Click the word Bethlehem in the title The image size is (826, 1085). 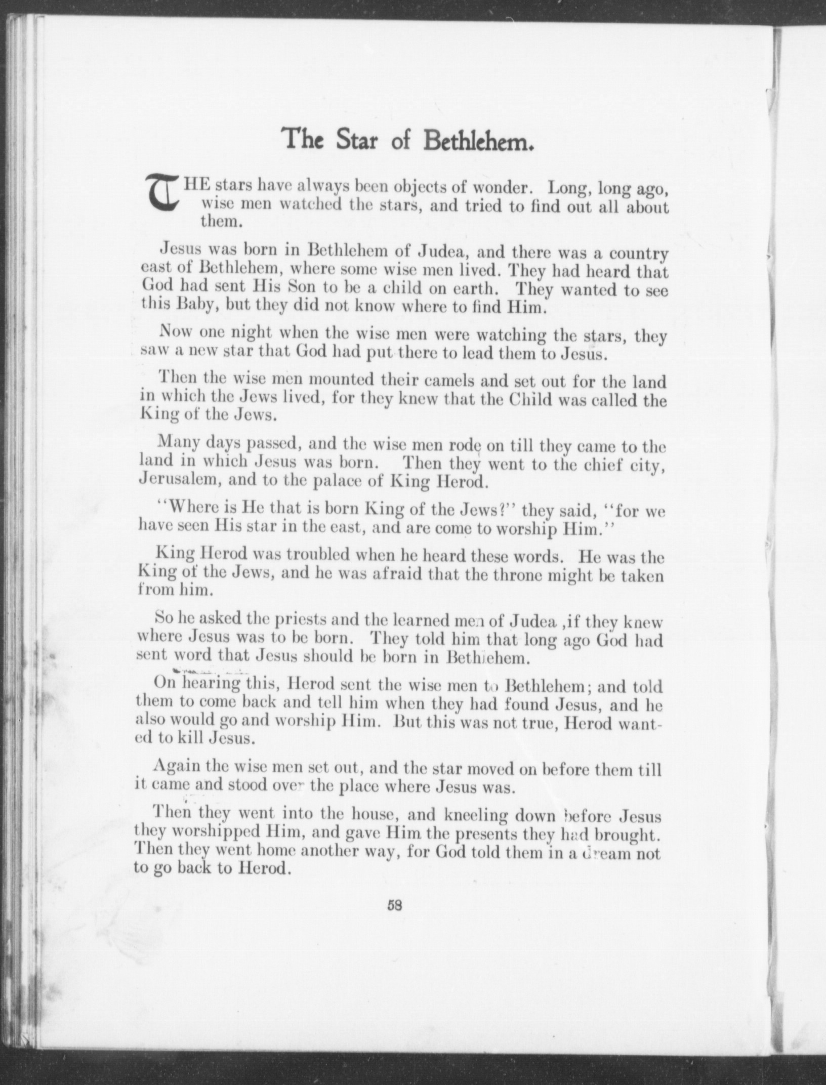[479, 140]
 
